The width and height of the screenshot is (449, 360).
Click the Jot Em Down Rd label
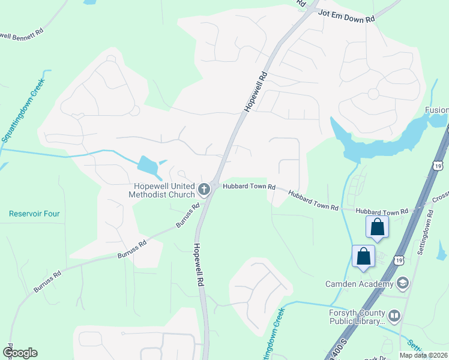(x=346, y=16)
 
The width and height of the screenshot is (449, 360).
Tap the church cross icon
(x=204, y=190)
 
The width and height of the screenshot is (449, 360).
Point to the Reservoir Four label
(x=34, y=214)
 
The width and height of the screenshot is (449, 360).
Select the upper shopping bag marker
(x=378, y=227)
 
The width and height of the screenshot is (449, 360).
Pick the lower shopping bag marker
(x=364, y=256)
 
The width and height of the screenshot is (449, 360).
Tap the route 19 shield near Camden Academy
(x=399, y=259)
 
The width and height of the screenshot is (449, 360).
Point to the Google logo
(x=20, y=353)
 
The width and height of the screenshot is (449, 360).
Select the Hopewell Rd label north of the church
(x=255, y=92)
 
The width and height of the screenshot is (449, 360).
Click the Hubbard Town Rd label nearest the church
(x=249, y=187)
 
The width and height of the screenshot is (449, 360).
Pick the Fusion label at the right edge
(x=436, y=110)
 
